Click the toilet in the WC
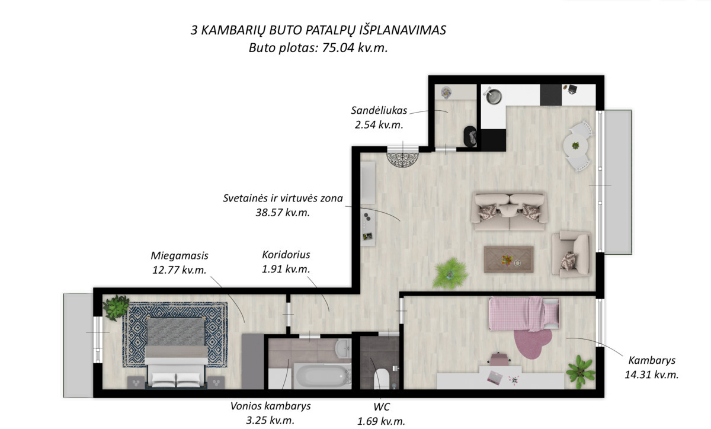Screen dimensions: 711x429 pyautogui.click(x=381, y=379)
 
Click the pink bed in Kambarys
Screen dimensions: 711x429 pyautogui.click(x=524, y=313)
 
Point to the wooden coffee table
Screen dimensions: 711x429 pyautogui.click(x=508, y=259)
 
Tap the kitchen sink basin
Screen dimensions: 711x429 pyautogui.click(x=494, y=96)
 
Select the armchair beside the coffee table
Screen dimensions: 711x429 pyautogui.click(x=571, y=254)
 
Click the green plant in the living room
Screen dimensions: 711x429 pyautogui.click(x=451, y=273)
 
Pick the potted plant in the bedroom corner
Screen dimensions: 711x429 pyautogui.click(x=116, y=307)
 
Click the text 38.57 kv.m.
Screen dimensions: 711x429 pyautogui.click(x=283, y=212)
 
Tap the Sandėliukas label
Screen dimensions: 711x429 pyautogui.click(x=379, y=110)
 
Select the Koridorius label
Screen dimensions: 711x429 pyautogui.click(x=286, y=254)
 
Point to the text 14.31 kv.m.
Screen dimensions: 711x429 pyautogui.click(x=652, y=374)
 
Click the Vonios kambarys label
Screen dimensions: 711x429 pyautogui.click(x=270, y=406)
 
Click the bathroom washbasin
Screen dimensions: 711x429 pyautogui.click(x=343, y=348)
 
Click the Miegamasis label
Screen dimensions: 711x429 pyautogui.click(x=180, y=255)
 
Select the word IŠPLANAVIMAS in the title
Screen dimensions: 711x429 pyautogui.click(x=403, y=30)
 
